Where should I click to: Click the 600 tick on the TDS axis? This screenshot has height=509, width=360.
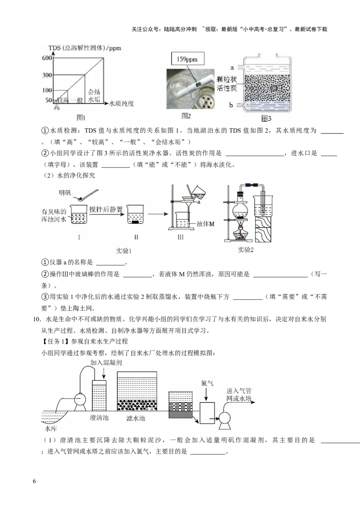point(47,58)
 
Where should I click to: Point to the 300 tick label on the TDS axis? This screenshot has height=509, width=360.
point(47,75)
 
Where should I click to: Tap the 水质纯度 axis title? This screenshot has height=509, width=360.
point(122,104)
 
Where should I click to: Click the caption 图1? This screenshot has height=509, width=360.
point(81,118)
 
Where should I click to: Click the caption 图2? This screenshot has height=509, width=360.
point(186,116)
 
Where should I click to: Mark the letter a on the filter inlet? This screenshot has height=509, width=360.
point(231,68)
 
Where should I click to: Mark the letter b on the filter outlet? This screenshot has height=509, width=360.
point(231,105)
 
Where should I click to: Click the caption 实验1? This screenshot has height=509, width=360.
point(123,250)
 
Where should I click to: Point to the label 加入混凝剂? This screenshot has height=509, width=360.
point(106,362)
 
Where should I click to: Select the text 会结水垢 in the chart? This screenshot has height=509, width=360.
point(94,93)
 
